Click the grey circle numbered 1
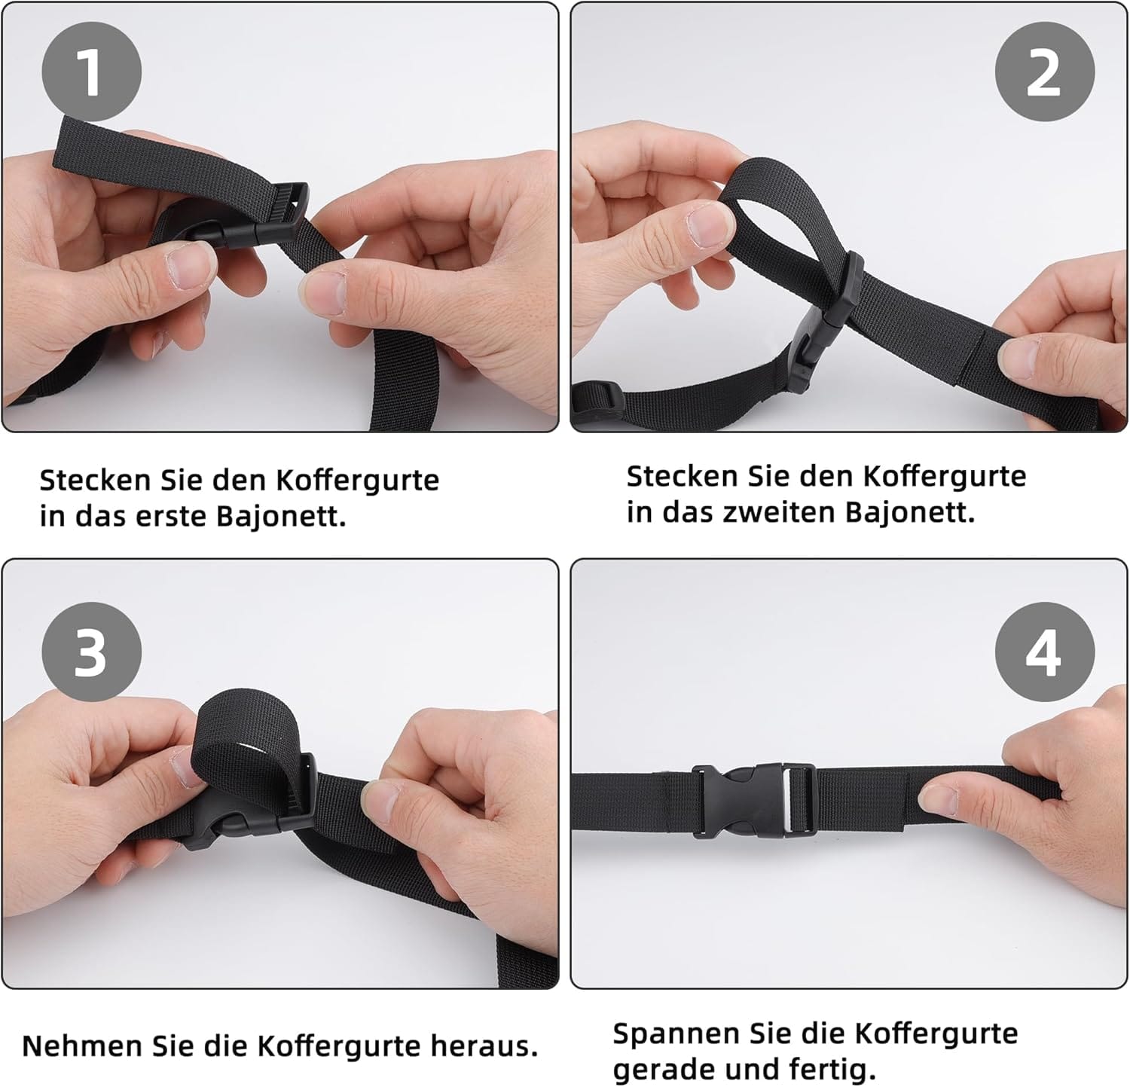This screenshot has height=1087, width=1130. [91, 72]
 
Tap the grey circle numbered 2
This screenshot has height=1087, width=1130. [1044, 72]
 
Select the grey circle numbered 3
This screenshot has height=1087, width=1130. [91, 652]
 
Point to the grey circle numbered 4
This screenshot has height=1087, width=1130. [1044, 652]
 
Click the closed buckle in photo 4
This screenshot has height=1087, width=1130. [753, 800]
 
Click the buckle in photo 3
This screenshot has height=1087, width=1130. [249, 810]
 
